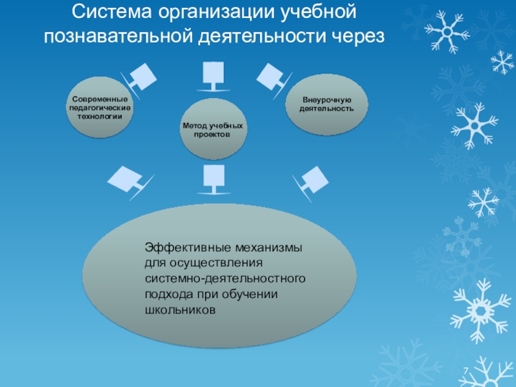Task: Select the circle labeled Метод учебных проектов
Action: tap(213, 130)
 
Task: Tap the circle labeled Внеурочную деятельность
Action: tap(326, 104)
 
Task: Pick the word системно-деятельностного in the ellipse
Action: tap(224, 279)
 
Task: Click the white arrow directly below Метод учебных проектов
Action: tap(213, 178)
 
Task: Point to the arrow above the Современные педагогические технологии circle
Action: tap(142, 78)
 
